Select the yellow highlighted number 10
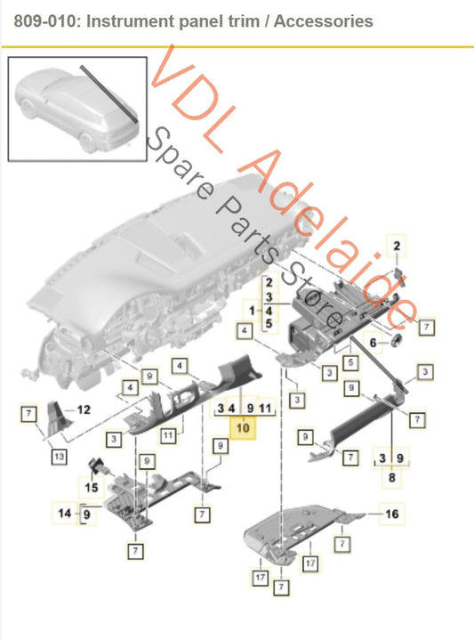coord(243,428)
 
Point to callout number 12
coord(84,410)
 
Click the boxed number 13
coord(59,457)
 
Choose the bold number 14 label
coord(65,513)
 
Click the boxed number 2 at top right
coord(398,244)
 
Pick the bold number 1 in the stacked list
coord(253,311)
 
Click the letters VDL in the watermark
coord(187,85)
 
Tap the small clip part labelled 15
coord(95,468)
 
